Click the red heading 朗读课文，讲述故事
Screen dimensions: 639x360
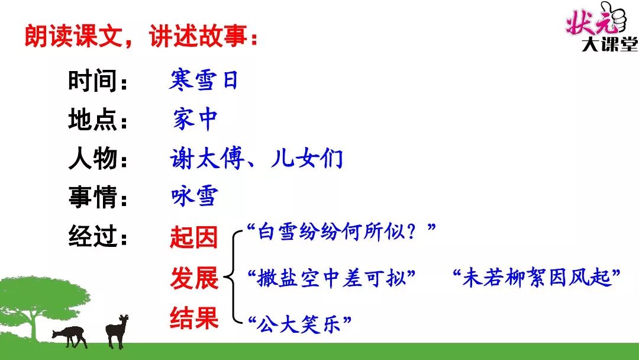pos(141,36)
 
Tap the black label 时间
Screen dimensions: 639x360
pos(93,81)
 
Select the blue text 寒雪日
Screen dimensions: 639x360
pos(204,79)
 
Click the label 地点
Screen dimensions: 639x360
pos(93,120)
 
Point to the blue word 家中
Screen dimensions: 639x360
pos(195,119)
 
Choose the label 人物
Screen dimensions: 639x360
pos(93,158)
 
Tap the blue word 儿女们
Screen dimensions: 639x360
pos(307,158)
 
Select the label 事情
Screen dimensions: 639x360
pos(93,197)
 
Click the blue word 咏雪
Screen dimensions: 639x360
pos(195,197)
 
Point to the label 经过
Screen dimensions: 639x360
pos(93,236)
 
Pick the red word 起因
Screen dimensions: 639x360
pos(194,237)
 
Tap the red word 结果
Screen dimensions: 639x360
pos(194,318)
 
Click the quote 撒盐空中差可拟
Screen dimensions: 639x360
pos(331,278)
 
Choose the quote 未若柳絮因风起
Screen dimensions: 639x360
pos(537,277)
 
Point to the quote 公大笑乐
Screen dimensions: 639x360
pos(299,324)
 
